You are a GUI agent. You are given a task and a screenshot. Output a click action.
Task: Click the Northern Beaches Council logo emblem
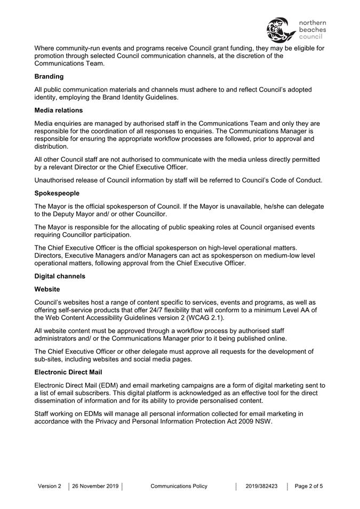(281, 29)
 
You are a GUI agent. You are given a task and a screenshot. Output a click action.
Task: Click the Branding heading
(49, 76)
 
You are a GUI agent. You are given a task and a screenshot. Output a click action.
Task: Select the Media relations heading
(59, 110)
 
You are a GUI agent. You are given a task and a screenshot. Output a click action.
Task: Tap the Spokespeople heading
(57, 194)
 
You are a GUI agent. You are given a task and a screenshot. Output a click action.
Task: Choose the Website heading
(47, 289)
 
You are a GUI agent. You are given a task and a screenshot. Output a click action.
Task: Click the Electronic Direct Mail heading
(69, 372)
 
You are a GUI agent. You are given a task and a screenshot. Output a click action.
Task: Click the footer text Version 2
(50, 486)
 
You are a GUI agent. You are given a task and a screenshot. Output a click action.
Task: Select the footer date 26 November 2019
(95, 486)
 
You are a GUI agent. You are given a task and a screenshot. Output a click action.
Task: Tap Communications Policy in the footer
(179, 486)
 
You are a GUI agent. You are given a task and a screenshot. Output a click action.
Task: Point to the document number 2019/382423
(261, 486)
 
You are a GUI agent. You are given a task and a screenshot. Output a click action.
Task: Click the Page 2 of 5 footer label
(309, 486)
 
